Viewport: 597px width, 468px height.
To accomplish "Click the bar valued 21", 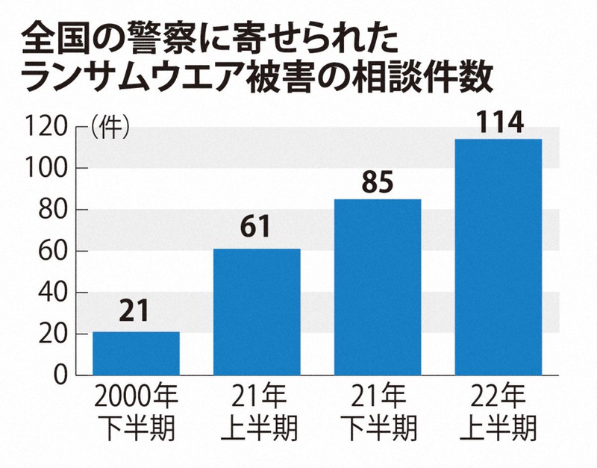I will click(136, 352).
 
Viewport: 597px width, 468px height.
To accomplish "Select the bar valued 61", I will click(257, 311).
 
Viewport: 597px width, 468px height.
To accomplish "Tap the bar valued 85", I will click(378, 287).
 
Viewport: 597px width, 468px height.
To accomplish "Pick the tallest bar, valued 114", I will click(498, 256).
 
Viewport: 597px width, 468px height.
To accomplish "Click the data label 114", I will click(498, 122).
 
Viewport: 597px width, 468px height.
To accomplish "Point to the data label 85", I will click(378, 183).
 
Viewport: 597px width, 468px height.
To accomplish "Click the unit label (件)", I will click(110, 128).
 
